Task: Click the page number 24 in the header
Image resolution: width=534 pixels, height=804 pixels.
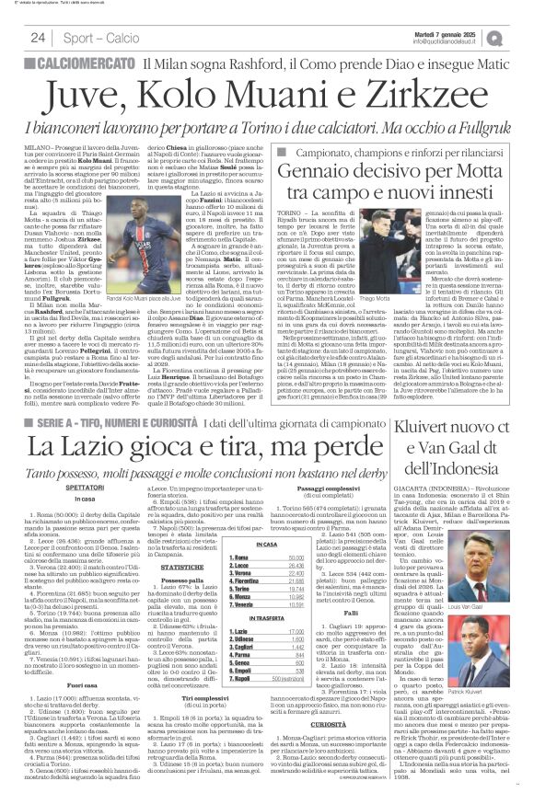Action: [38, 38]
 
